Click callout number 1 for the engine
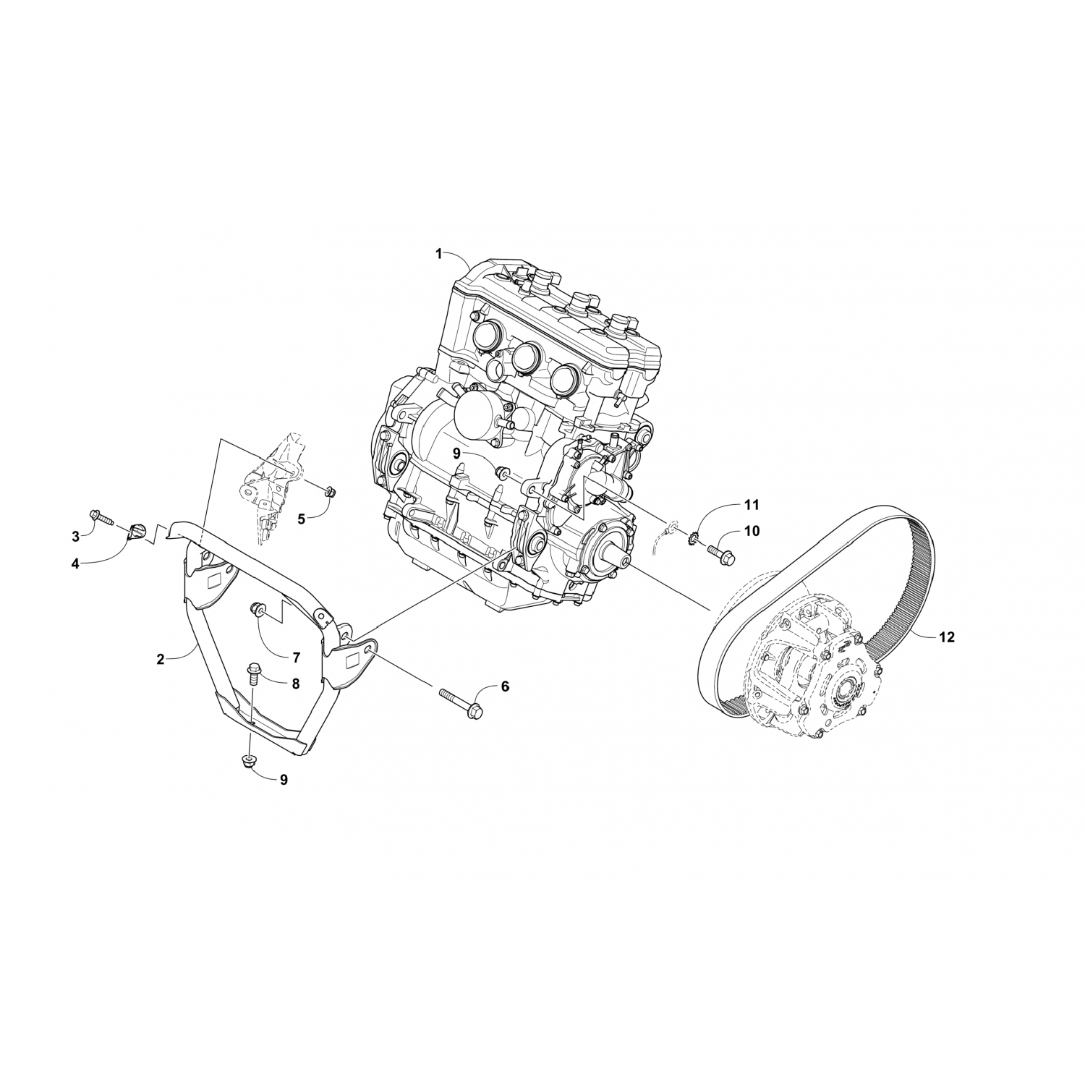point(438,253)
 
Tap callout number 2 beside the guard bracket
point(161,659)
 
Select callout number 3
point(75,536)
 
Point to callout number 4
point(75,563)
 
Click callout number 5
point(302,519)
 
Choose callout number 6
point(505,686)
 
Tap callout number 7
point(296,658)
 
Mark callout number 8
point(295,683)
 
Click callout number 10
point(752,532)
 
